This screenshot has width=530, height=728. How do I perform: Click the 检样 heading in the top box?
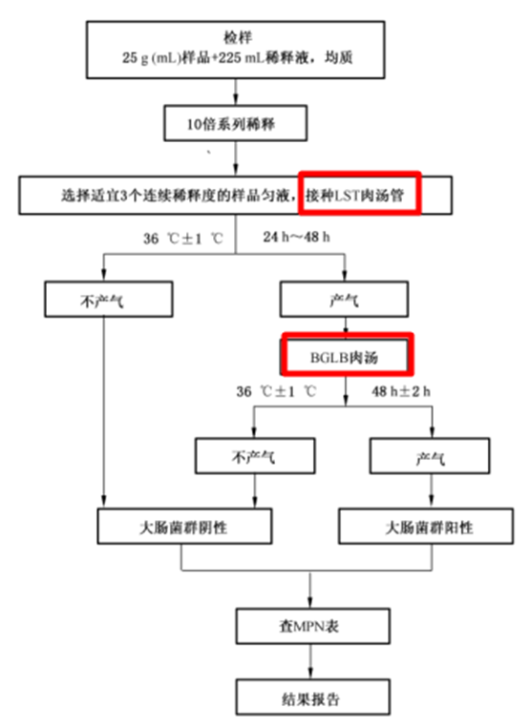(238, 37)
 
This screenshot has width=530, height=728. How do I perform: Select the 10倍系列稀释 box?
(235, 123)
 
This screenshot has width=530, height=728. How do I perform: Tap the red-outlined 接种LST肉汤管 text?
(355, 196)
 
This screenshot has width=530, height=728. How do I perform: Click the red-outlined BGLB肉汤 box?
(348, 354)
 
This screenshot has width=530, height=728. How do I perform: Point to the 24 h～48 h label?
(296, 237)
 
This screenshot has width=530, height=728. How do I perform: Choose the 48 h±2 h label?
(400, 391)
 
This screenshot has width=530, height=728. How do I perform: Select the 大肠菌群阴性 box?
(184, 526)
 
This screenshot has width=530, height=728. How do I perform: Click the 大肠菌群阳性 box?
(426, 526)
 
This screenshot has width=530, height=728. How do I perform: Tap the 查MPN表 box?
(312, 626)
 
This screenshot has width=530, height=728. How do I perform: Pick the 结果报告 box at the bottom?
(312, 697)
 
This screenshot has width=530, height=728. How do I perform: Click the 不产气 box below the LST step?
(109, 299)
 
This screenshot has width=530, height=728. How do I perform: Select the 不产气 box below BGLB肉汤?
(255, 456)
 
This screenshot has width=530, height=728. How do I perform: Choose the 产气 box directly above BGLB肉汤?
(344, 299)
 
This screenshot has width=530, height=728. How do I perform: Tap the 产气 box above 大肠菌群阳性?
(430, 456)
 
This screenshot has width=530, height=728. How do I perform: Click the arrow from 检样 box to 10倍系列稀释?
(236, 92)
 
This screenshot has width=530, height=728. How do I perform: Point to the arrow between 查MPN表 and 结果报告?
(310, 661)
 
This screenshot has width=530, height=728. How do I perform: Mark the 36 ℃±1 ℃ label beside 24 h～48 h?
(183, 239)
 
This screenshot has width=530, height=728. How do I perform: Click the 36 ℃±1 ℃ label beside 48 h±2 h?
(276, 391)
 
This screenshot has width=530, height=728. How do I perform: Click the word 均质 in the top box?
(338, 57)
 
